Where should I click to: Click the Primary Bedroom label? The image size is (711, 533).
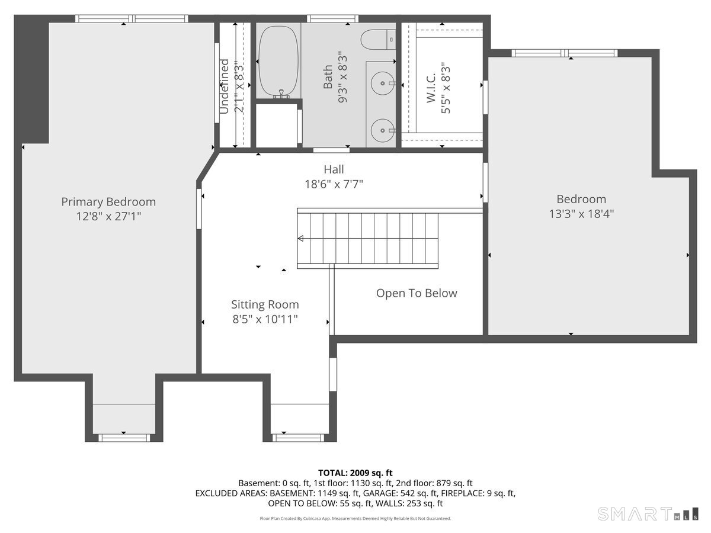click(108, 201)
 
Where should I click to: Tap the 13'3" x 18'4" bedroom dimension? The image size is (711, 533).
click(581, 214)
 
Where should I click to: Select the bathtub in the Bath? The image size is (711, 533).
click(278, 62)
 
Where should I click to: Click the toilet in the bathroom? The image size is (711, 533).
click(378, 40)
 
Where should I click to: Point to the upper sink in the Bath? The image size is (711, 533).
click(383, 83)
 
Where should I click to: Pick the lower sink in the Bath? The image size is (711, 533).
click(383, 130)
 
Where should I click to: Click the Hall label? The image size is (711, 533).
click(334, 169)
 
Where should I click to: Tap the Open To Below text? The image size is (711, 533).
click(417, 293)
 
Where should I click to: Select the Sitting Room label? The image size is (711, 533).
click(265, 304)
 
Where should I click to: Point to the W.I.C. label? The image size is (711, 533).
click(431, 88)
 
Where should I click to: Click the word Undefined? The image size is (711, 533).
click(224, 86)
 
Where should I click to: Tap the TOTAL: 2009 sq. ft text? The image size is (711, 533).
click(355, 473)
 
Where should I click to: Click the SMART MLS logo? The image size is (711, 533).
click(648, 514)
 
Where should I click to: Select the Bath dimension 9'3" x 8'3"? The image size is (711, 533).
click(342, 77)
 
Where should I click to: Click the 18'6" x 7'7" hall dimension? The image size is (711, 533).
click(334, 184)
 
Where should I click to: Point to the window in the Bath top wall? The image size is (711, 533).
click(332, 18)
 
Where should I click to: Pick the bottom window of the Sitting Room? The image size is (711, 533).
click(298, 438)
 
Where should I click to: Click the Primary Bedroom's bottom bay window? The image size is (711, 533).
click(124, 438)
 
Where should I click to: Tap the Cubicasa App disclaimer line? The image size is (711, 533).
click(355, 518)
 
